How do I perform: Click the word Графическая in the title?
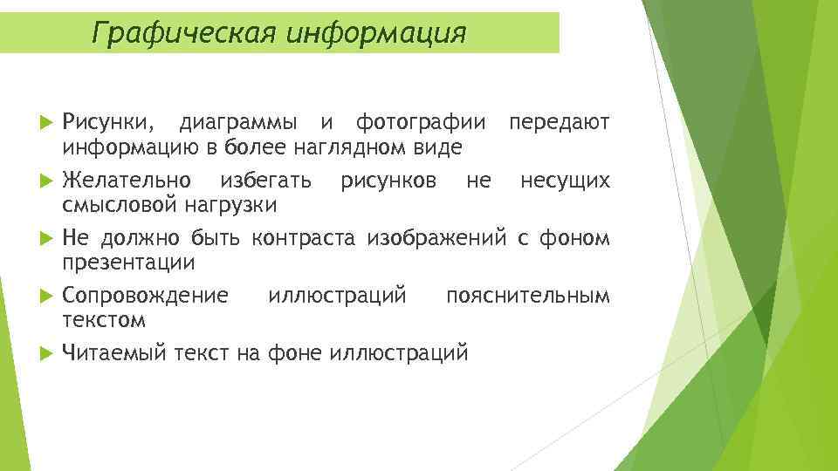[174, 32]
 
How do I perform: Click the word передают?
[560, 120]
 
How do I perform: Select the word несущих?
[565, 181]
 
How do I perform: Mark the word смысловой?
[120, 205]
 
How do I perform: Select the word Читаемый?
[113, 352]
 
